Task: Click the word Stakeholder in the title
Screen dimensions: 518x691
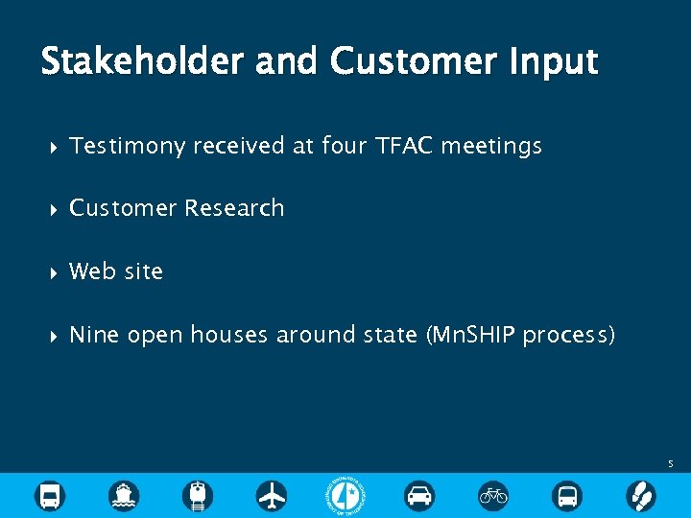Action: [x=142, y=62]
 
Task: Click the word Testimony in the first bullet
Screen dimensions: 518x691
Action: [x=128, y=146]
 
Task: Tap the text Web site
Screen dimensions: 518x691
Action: [x=116, y=271]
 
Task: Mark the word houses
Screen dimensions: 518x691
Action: [x=229, y=335]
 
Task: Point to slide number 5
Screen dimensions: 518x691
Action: [x=671, y=464]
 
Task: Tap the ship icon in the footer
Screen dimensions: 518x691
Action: [x=124, y=495]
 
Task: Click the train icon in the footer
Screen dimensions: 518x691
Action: [x=199, y=495]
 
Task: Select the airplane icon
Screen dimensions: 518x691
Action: [x=272, y=495]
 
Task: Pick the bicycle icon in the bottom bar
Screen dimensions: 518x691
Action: [x=493, y=495]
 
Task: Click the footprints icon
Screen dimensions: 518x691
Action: [x=640, y=495]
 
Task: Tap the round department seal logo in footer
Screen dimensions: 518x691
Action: [x=345, y=495]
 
